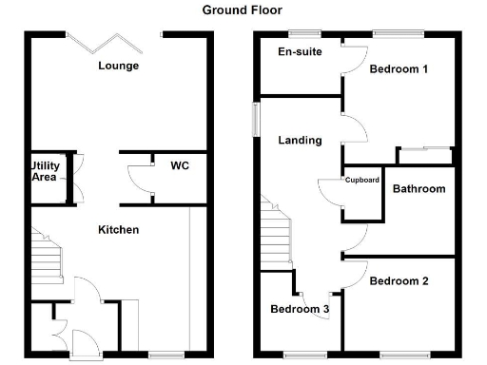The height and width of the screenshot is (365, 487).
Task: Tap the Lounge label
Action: tap(119, 66)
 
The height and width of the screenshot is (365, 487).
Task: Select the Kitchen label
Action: tap(119, 230)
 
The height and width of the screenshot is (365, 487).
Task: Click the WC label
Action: tap(179, 166)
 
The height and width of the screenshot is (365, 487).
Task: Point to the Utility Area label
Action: tap(46, 171)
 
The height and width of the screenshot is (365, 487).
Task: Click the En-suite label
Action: tap(297, 52)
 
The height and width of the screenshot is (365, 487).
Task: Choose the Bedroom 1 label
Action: tap(399, 69)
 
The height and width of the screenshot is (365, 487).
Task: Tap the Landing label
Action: tap(300, 141)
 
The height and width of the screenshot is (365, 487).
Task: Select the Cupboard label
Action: tap(362, 180)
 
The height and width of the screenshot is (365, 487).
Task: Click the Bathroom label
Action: tap(419, 189)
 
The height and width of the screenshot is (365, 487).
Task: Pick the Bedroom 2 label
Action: tap(399, 281)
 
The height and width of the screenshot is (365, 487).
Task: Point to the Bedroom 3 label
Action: tap(300, 309)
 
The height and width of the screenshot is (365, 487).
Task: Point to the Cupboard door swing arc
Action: tap(332, 193)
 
